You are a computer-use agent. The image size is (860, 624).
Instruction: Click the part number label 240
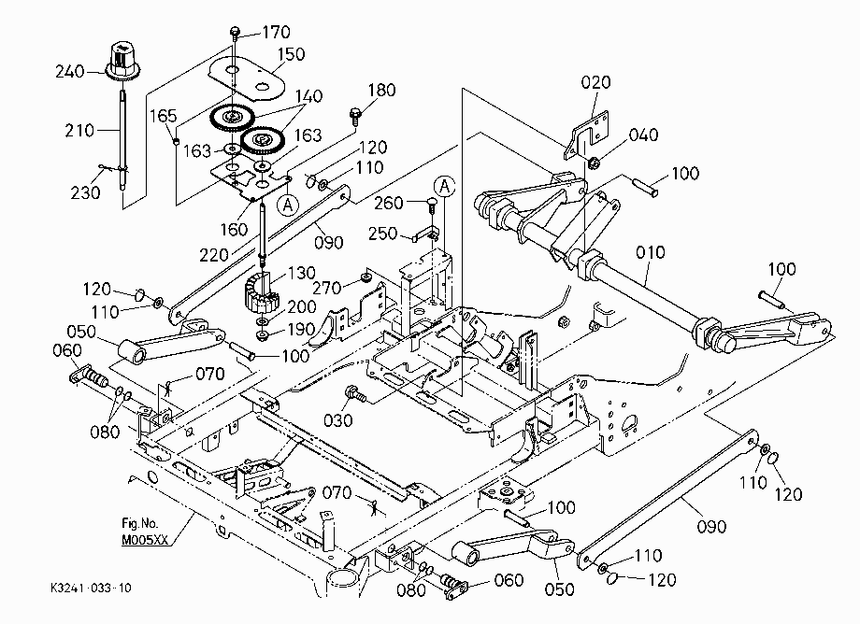click(x=70, y=72)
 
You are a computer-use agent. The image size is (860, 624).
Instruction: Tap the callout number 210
click(x=79, y=131)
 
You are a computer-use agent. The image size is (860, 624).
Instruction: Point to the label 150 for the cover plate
click(x=291, y=54)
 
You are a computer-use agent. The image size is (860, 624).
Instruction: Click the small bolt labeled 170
click(x=235, y=33)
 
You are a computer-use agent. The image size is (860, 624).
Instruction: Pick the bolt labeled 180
click(x=355, y=116)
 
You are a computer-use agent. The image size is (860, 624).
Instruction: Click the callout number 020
click(x=595, y=82)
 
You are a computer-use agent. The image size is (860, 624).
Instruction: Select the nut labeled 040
click(x=594, y=163)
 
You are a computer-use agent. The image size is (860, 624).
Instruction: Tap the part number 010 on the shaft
click(x=651, y=252)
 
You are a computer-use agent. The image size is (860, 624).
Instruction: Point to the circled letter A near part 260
click(x=444, y=186)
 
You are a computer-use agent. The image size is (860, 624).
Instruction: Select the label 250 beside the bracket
click(x=382, y=234)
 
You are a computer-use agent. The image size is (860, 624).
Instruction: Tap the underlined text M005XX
click(x=144, y=540)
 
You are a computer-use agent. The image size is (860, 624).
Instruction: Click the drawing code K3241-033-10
click(x=91, y=588)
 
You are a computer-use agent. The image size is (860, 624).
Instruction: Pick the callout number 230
click(x=86, y=192)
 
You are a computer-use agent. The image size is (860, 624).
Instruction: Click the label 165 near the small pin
click(x=164, y=116)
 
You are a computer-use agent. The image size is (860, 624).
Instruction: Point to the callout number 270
click(x=327, y=288)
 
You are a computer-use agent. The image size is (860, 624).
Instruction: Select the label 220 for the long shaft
click(x=214, y=255)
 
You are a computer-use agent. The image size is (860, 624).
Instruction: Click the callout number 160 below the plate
click(x=235, y=229)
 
